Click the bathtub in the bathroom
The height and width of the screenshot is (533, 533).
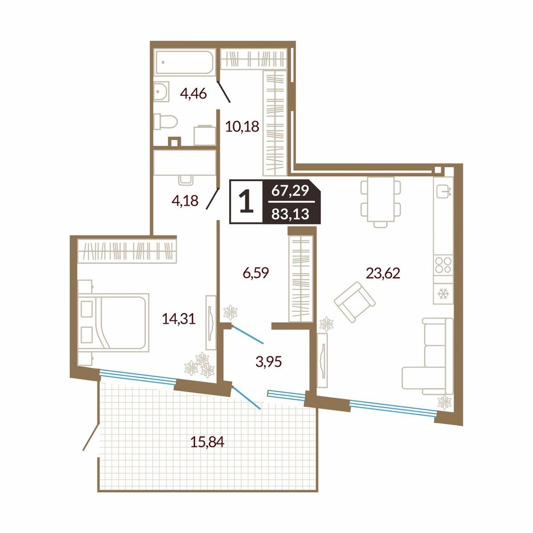184,62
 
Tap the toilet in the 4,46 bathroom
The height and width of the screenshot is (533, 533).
165,122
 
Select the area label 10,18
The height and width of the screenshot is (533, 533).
243,126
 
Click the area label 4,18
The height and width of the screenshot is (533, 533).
185,200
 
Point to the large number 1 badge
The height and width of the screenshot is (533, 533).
246,201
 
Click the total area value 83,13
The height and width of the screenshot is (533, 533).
290,214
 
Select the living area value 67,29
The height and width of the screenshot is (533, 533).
290,191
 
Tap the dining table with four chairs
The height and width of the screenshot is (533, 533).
381,202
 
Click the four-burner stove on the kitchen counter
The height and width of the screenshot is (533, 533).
443,265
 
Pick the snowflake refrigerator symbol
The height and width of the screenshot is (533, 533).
443,293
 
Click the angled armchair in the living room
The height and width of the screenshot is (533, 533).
354,302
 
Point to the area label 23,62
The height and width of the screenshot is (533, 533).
383,273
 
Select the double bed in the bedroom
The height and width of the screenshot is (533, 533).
114,321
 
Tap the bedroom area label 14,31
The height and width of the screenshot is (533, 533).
179,319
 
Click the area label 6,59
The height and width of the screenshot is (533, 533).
256,272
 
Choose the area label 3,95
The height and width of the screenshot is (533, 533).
269,362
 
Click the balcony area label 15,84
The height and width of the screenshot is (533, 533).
207,442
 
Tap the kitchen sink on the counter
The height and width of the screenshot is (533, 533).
443,191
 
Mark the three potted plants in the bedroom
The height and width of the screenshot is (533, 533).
200,365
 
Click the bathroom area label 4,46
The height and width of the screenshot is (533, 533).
193,93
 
